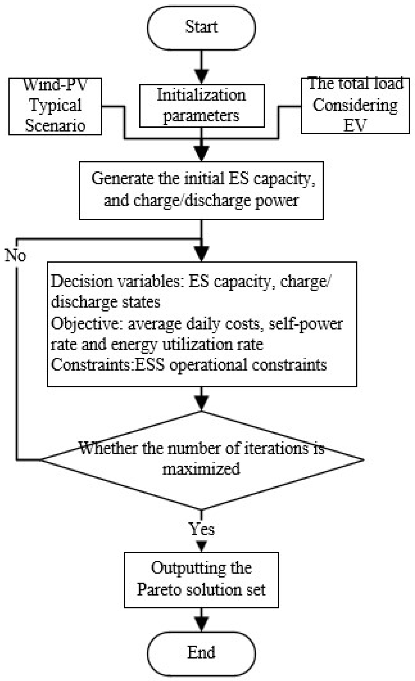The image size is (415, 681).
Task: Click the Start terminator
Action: click(201, 28)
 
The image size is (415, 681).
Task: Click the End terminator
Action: click(201, 653)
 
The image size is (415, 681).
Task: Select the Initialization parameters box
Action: click(202, 106)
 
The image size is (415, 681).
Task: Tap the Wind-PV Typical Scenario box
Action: click(55, 106)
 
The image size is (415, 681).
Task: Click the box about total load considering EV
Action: click(355, 105)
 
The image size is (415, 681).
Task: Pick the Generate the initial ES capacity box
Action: click(201, 191)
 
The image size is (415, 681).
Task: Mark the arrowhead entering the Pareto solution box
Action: click(202, 546)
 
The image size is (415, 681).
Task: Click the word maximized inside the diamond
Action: click(201, 469)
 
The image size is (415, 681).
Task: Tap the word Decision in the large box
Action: click(82, 281)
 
